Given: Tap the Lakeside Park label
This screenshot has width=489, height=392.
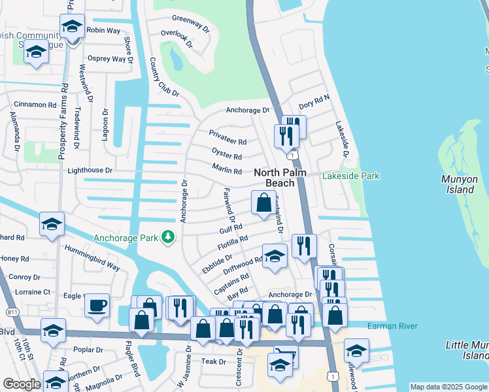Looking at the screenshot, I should [x=350, y=176].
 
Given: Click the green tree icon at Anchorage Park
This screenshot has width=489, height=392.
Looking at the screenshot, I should [x=168, y=238].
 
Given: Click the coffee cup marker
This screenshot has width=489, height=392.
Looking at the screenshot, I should [x=97, y=306].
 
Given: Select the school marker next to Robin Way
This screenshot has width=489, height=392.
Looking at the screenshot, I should [x=72, y=27].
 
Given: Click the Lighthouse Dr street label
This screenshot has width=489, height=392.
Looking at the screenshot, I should [x=90, y=171].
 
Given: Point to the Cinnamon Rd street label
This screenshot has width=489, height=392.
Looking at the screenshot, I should [x=35, y=105].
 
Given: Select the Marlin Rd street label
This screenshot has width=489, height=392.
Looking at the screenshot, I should [x=227, y=171].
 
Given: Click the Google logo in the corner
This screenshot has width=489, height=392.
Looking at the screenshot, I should [x=21, y=384].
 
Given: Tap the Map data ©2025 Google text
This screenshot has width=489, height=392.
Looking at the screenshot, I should [x=448, y=387].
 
